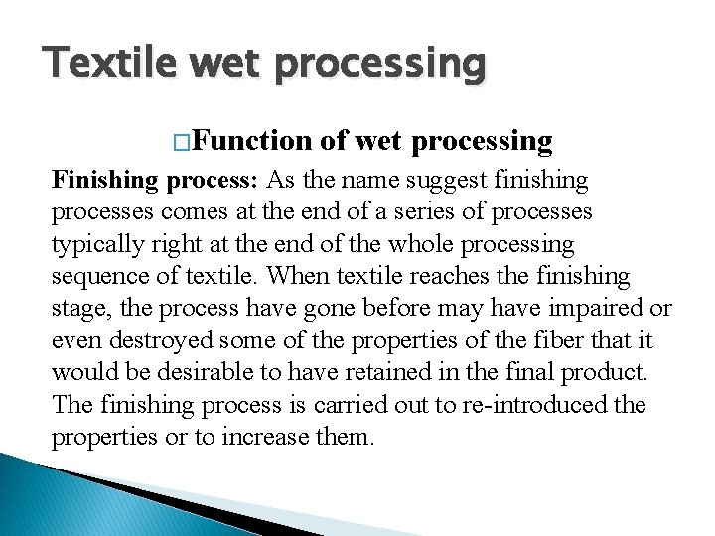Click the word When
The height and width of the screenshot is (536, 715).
coord(294,276)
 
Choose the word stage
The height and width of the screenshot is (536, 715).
coord(78,309)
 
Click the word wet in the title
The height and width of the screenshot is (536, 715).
coord(239,64)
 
